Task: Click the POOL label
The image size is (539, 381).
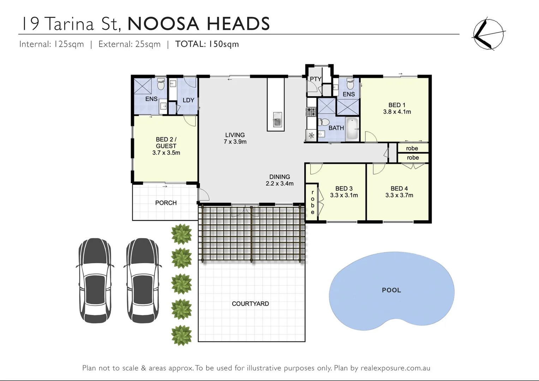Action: click(x=391, y=290)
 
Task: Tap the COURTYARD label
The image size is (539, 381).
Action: click(x=250, y=303)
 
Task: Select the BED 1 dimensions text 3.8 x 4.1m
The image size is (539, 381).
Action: click(x=397, y=112)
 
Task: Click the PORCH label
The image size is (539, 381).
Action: click(x=166, y=203)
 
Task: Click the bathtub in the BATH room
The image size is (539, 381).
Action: click(x=352, y=129)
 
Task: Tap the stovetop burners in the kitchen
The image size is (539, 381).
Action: click(x=311, y=112)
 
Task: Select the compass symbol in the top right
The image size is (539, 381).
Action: click(x=489, y=34)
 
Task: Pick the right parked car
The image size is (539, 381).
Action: click(x=142, y=280)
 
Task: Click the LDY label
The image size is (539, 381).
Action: click(x=188, y=100)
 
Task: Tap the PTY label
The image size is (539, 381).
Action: click(x=315, y=79)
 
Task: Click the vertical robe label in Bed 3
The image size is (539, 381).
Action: click(x=313, y=202)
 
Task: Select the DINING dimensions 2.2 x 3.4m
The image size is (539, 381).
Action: click(x=280, y=183)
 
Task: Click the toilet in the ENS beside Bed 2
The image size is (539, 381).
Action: click(x=161, y=85)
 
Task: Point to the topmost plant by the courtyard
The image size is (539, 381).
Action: click(x=181, y=234)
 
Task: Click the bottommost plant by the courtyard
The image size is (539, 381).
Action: click(x=181, y=335)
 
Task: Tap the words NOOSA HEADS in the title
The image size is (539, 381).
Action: click(x=198, y=24)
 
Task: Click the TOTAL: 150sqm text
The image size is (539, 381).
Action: click(x=207, y=44)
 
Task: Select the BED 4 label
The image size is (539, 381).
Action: click(x=399, y=189)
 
